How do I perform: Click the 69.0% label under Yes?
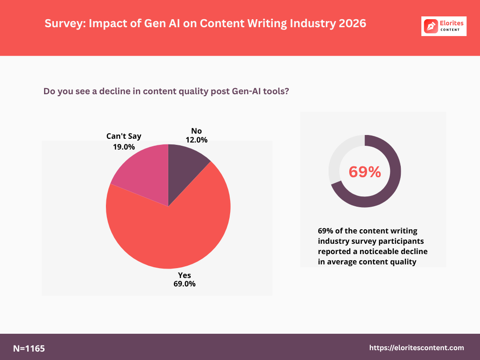[184, 284]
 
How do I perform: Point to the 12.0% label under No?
[196, 140]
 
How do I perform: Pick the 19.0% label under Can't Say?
[124, 147]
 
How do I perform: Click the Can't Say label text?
[124, 136]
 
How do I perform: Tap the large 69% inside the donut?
[365, 172]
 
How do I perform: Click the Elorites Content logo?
[443, 26]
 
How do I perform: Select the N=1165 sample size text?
[29, 348]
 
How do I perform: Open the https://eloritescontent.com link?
[417, 348]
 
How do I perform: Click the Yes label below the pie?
[184, 275]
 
